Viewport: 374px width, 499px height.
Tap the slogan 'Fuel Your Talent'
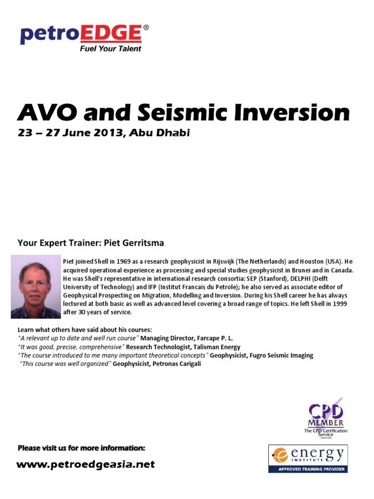click(x=111, y=49)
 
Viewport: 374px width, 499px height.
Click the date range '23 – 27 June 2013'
click(x=69, y=133)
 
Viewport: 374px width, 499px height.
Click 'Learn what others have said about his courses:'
click(x=85, y=330)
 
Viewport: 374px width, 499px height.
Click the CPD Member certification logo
click(x=325, y=417)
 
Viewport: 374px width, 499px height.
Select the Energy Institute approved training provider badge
click(x=308, y=459)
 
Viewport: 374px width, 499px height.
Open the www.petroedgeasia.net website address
click(x=86, y=464)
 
